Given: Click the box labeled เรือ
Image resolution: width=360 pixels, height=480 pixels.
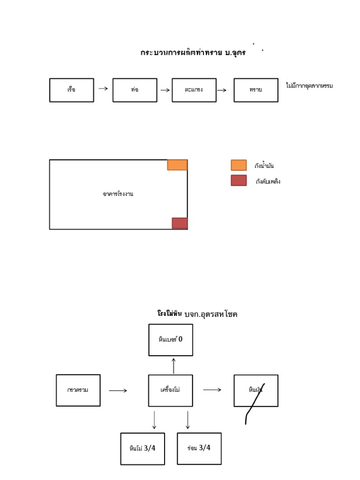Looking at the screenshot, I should click(71, 90).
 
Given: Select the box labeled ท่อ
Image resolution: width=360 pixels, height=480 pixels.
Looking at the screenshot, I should click(135, 90).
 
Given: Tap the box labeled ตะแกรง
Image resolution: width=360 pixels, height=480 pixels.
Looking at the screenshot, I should click(194, 90).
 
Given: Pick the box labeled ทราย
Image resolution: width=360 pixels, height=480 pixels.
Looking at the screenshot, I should click(255, 90).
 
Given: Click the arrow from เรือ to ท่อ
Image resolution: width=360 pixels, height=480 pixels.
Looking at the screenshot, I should click(103, 88).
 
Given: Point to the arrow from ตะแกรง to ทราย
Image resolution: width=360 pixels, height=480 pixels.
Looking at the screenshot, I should click(222, 90).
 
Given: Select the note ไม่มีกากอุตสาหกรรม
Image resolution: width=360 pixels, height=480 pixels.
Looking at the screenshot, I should click(309, 86).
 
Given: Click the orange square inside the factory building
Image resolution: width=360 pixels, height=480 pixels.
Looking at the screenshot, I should click(177, 165).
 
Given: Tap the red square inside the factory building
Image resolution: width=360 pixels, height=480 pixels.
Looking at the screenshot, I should click(180, 223).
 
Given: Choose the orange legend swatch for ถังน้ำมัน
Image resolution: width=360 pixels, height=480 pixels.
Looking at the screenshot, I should click(239, 165).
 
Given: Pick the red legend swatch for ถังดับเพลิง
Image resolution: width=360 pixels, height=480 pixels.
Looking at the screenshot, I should click(239, 180).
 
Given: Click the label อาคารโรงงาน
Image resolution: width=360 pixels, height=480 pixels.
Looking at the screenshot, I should click(118, 194).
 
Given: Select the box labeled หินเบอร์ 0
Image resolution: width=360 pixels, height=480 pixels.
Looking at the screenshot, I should click(171, 340).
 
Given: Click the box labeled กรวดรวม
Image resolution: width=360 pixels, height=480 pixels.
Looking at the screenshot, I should click(78, 390).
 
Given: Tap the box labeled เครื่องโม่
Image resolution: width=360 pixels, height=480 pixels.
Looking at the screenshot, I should click(171, 390).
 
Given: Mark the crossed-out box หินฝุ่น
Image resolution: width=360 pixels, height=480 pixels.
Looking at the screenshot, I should click(256, 390).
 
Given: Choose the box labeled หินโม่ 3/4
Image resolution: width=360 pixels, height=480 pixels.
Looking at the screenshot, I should click(142, 449).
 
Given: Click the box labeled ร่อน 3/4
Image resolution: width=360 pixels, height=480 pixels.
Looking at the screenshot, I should click(199, 448).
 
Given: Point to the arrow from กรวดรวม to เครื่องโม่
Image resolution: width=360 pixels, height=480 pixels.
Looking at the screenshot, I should click(118, 390).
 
